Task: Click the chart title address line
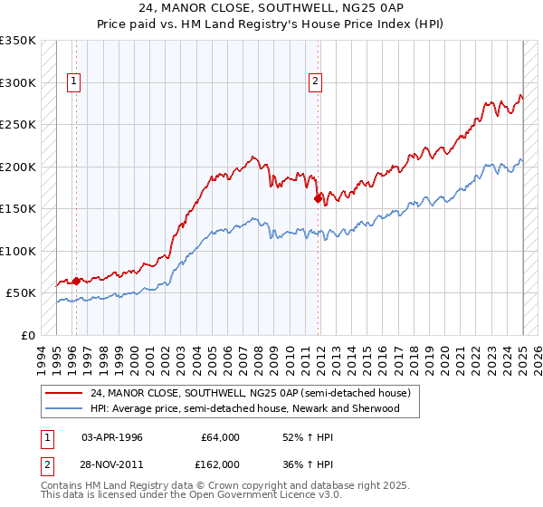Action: [271, 8]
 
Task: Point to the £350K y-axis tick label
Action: [18, 41]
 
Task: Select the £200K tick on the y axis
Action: [18, 167]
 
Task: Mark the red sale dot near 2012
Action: [319, 198]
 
